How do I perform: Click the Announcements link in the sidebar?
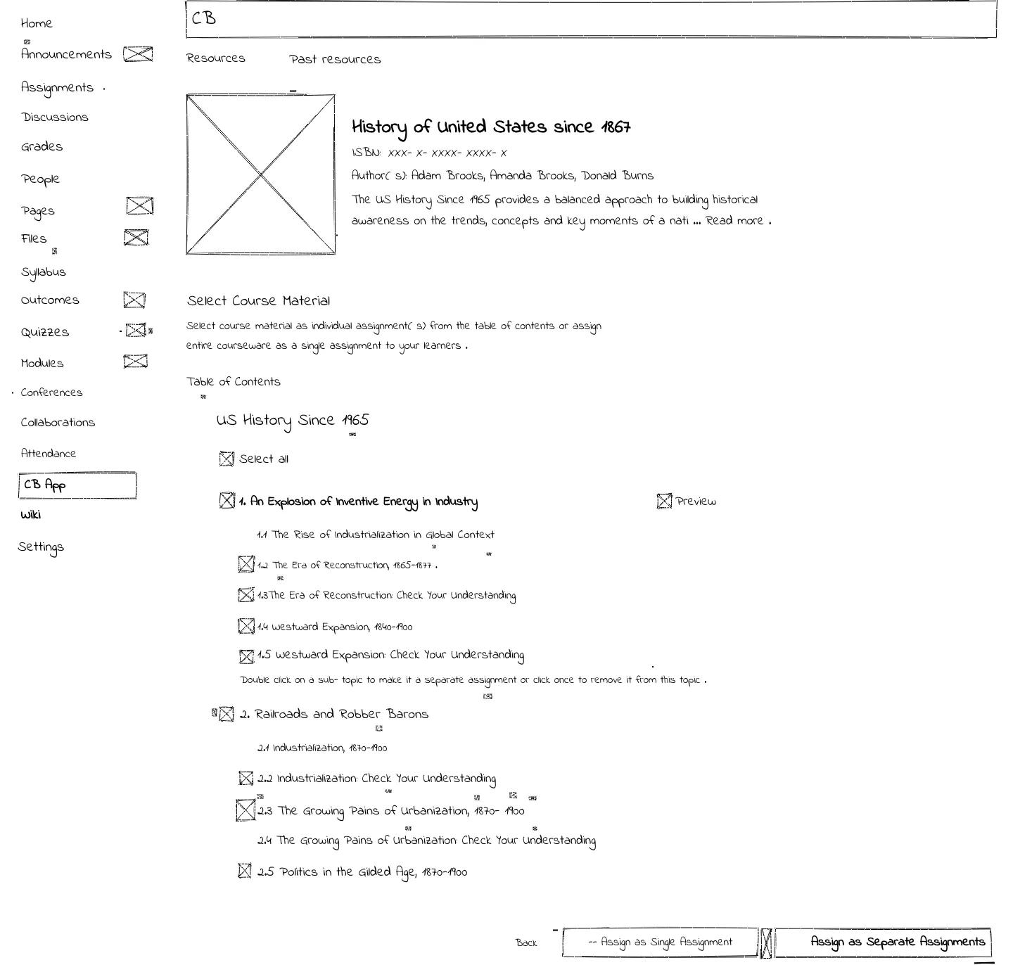coord(66,54)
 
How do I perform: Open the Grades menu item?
coord(42,146)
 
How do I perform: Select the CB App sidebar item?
coord(77,485)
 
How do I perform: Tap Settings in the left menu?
coord(41,547)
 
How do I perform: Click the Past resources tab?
coord(335,59)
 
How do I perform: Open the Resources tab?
coord(216,58)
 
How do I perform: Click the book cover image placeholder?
coord(260,174)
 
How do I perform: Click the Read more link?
coord(734,220)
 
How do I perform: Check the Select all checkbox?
coord(227,459)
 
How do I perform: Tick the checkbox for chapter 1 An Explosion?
coord(227,501)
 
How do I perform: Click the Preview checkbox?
coord(664,501)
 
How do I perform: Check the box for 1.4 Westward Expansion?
coord(246,626)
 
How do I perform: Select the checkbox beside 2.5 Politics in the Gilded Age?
coord(245,871)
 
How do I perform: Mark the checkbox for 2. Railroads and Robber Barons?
coord(227,714)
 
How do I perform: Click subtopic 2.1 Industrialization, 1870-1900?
coord(322,748)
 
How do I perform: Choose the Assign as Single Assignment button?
coord(661,942)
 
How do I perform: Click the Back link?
coord(526,942)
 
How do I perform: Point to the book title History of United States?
coord(491,127)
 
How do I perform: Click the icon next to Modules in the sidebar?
coord(135,362)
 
